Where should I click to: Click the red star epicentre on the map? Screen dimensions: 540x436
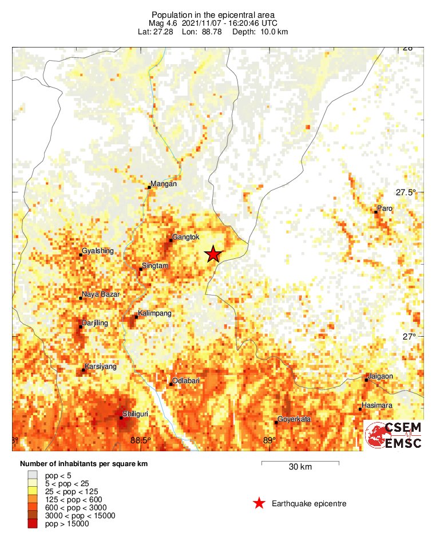pyautogui.click(x=213, y=254)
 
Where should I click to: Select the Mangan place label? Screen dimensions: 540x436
pyautogui.click(x=164, y=184)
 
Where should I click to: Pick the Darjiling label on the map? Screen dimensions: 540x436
pyautogui.click(x=95, y=323)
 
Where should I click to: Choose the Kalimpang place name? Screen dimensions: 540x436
pyautogui.click(x=155, y=314)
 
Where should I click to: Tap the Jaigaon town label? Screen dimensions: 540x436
pyautogui.click(x=380, y=376)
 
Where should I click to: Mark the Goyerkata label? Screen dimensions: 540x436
pyautogui.click(x=295, y=419)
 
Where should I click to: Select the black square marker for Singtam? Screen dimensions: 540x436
pyautogui.click(x=141, y=269)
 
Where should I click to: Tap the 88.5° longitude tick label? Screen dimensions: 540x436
pyautogui.click(x=141, y=440)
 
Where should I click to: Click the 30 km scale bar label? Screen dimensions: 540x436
pyautogui.click(x=300, y=467)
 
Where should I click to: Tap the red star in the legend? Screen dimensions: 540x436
pyautogui.click(x=259, y=503)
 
